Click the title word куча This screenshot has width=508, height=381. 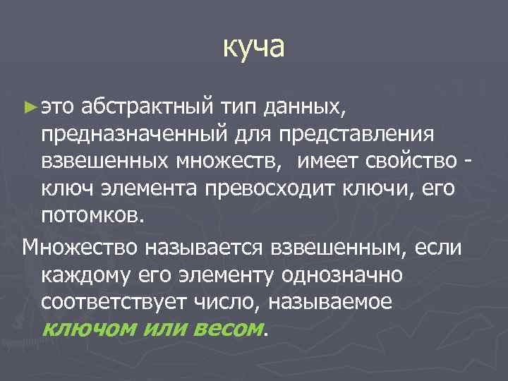[x=254, y=48]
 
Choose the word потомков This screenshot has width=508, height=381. [x=92, y=216]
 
